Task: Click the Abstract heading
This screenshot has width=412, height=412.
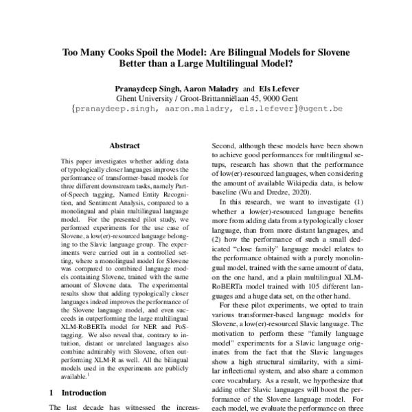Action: pos(124,146)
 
